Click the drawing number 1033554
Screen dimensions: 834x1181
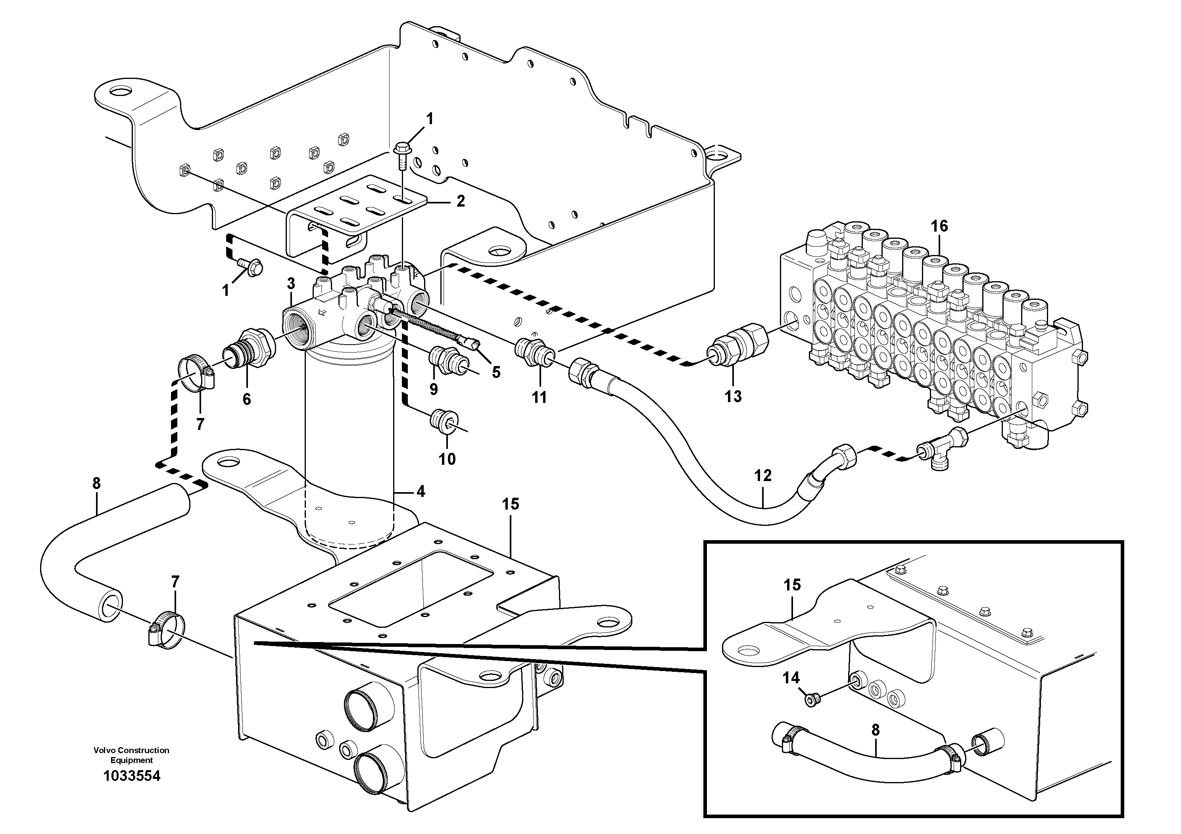point(132,776)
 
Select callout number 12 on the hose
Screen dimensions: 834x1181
point(763,475)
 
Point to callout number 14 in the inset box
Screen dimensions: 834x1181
point(791,678)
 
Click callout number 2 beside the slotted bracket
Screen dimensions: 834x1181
point(460,201)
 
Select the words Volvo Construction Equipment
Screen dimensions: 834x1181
point(132,755)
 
